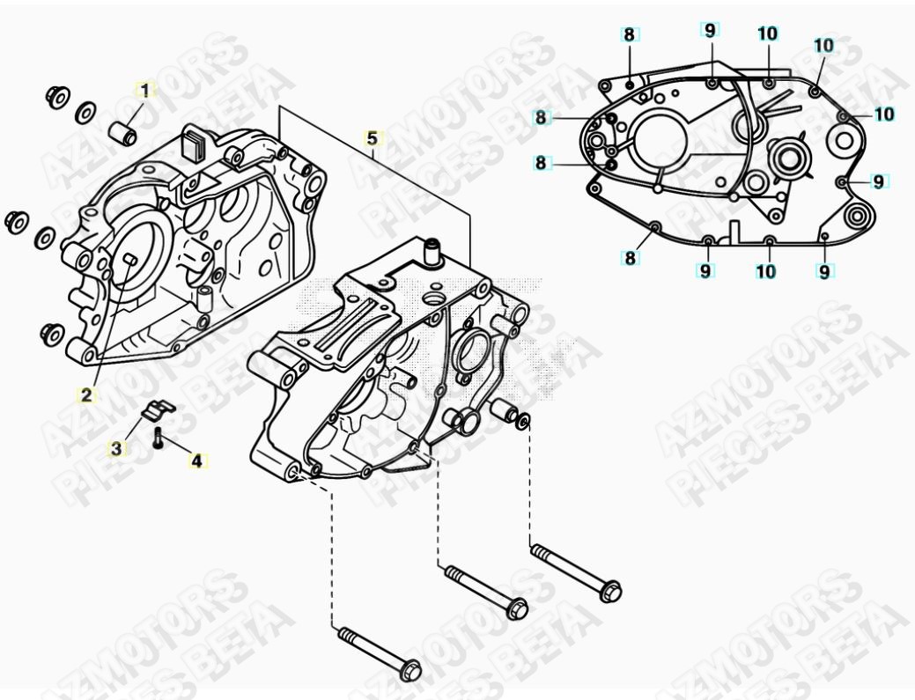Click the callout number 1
(145, 90)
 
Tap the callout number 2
(86, 395)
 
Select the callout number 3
(117, 448)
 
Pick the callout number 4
(196, 461)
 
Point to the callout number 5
(372, 138)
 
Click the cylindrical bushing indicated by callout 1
(123, 132)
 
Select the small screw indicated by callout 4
(159, 438)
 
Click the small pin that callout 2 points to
(131, 257)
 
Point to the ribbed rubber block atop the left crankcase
(195, 144)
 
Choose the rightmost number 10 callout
(885, 114)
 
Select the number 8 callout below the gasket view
(630, 258)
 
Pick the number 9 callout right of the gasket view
(878, 182)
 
